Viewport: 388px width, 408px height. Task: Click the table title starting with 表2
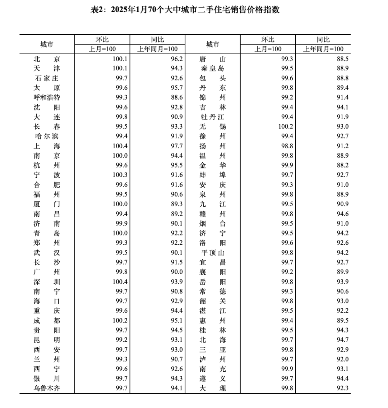[x=185, y=10]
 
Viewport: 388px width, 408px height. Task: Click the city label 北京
[x=47, y=59]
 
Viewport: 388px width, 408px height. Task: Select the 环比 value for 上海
[x=120, y=146]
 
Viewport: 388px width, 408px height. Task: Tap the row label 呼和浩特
[x=47, y=98]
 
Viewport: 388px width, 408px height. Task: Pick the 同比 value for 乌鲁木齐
[x=176, y=388]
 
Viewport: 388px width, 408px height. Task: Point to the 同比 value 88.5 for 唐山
[x=342, y=59]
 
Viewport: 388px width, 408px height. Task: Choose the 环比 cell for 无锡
[x=285, y=127]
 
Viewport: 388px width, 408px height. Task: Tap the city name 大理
[x=213, y=388]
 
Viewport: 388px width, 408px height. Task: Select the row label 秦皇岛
[x=213, y=69]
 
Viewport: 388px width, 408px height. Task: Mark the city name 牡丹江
[x=213, y=117]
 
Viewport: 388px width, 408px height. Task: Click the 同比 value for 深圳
[x=176, y=282]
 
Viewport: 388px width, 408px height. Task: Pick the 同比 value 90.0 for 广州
[x=176, y=272]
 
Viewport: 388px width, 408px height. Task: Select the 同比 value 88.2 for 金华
[x=342, y=166]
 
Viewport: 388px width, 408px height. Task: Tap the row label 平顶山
[x=213, y=253]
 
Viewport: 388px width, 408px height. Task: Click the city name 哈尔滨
[x=47, y=137]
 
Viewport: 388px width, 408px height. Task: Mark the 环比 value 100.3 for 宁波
[x=120, y=175]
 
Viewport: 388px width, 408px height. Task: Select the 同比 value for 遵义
[x=342, y=379]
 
